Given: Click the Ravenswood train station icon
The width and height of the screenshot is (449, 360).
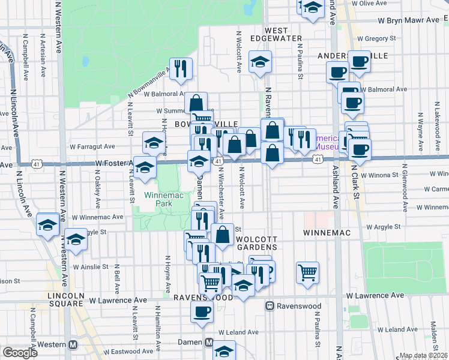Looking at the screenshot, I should [270, 305].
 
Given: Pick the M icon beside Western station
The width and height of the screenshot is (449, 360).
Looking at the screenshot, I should [74, 345].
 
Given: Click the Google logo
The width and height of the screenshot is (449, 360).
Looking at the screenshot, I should [19, 353].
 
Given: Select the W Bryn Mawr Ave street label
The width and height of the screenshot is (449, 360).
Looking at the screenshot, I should [408, 20].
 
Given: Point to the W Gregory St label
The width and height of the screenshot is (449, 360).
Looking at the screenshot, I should [376, 39].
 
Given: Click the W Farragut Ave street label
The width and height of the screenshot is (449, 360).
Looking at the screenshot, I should [92, 146].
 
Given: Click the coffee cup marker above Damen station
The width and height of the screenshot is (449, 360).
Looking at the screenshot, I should [201, 311].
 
